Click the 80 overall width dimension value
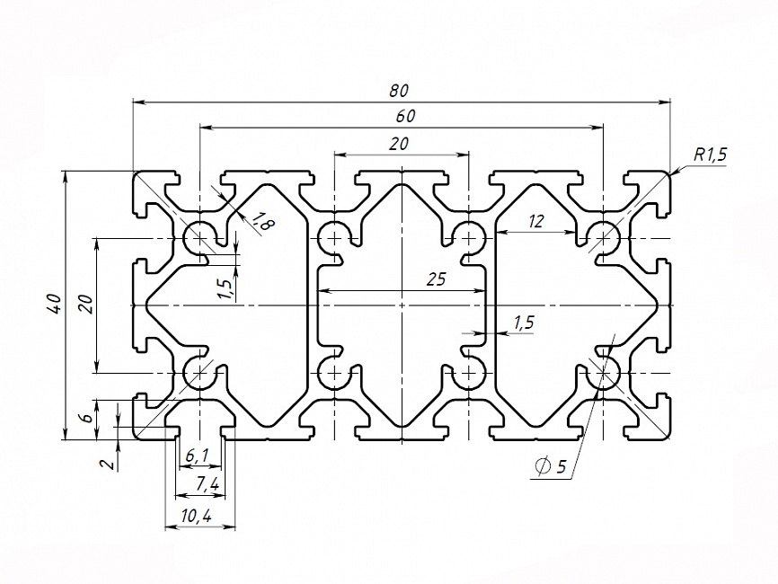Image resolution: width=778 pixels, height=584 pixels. (400, 90)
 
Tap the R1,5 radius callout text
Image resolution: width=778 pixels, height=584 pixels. (709, 155)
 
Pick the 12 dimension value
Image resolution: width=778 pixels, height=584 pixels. (536, 221)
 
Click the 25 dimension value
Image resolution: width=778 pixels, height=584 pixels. (436, 279)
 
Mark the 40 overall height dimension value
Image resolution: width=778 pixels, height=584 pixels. (55, 304)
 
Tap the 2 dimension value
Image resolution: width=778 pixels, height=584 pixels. (106, 464)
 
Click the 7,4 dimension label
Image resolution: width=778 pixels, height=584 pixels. (206, 485)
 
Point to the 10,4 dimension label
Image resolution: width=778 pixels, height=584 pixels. (196, 516)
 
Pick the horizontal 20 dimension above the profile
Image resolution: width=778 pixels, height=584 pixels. (400, 143)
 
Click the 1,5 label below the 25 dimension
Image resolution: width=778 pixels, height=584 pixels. (523, 322)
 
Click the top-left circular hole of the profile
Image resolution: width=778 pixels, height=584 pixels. (199, 238)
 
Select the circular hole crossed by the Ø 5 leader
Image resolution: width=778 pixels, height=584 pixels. (603, 371)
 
